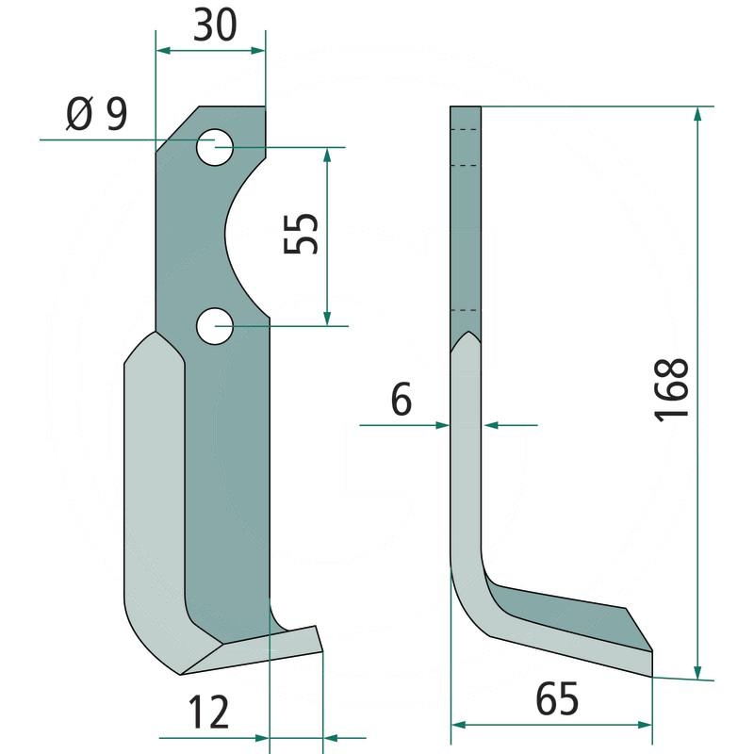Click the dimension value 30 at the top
coord(215,25)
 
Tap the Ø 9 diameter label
coord(97,114)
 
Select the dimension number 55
coord(301,233)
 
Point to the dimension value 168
coord(671,390)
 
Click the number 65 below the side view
coord(557,698)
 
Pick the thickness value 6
coord(402,399)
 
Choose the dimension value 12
coord(208,713)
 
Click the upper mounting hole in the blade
coord(215,147)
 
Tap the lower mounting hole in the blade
coord(215,326)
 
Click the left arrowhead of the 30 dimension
coord(163,51)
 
